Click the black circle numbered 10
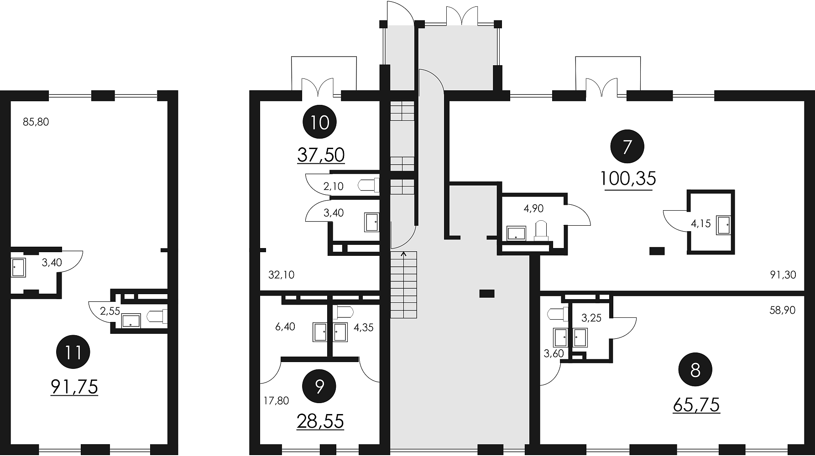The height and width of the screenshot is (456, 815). click(320, 122)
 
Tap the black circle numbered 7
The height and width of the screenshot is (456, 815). click(627, 147)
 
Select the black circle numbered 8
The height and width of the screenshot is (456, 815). click(695, 371)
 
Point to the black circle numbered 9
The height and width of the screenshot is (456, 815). click(319, 387)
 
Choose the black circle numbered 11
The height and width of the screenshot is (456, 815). click(73, 352)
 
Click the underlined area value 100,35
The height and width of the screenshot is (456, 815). click(628, 179)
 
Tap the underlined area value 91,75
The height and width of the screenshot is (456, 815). click(74, 387)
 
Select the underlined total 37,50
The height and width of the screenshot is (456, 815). click(321, 155)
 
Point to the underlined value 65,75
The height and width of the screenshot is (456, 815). click(696, 404)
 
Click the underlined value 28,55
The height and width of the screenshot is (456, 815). click(320, 421)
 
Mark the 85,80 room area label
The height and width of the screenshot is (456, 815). click(36, 122)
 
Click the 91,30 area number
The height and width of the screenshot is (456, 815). click(783, 275)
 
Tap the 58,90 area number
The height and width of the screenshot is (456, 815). click(783, 310)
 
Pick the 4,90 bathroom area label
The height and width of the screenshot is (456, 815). click(533, 209)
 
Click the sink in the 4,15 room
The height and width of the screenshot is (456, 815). click(723, 225)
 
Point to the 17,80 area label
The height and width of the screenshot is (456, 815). click(277, 401)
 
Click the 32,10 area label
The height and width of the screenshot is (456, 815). click(282, 275)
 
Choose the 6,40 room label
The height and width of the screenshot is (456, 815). click(285, 327)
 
